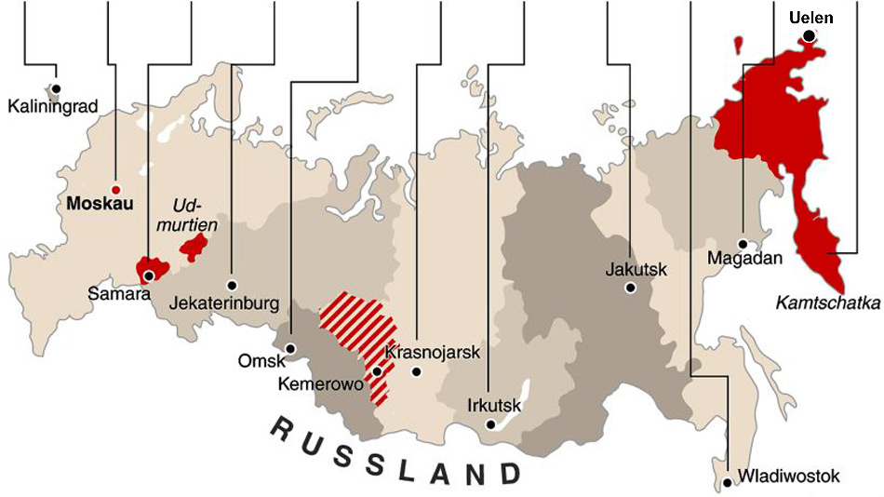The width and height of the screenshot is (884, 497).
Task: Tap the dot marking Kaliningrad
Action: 56,88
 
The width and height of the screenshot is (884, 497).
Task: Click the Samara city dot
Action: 148,275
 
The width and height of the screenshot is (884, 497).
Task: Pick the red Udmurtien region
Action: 194,247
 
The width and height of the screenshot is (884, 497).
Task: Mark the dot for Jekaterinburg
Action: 231,284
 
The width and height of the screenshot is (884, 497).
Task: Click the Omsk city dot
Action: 290,348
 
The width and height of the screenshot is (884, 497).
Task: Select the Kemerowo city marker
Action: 377,371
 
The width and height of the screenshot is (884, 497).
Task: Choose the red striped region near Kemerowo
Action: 358,326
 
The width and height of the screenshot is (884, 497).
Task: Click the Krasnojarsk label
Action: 432,352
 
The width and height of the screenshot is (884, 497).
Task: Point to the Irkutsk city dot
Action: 490,424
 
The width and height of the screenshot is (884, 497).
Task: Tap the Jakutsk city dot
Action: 630,288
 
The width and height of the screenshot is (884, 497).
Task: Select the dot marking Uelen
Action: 809,36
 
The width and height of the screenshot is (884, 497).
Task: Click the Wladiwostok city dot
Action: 727,482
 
